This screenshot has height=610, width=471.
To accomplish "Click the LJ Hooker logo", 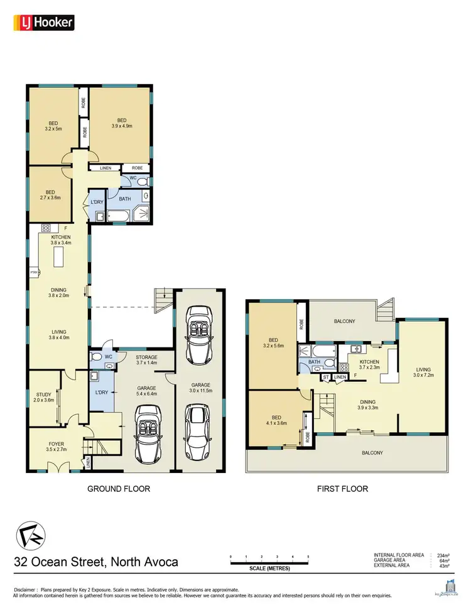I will [x=44, y=23].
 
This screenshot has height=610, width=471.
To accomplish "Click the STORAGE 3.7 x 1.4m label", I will [x=146, y=360].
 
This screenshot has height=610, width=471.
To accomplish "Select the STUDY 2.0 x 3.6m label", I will [x=43, y=396].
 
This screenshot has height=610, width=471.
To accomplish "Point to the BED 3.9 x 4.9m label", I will [x=121, y=123].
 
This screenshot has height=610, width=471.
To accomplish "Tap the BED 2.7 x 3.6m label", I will [x=50, y=195].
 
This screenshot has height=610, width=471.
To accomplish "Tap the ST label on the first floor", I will [x=325, y=376].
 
